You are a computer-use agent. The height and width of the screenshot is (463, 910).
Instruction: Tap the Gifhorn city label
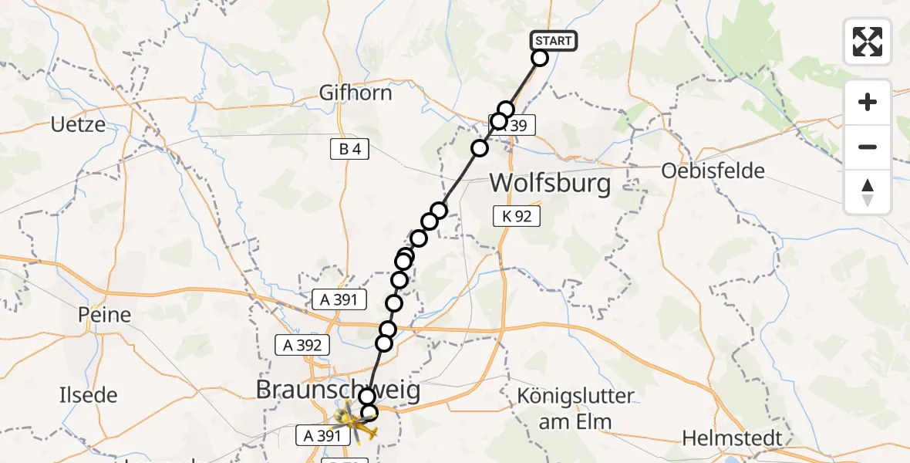(356, 93)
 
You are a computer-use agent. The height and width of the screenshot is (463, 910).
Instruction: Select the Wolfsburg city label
(550, 184)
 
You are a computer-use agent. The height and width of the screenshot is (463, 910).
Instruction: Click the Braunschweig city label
(339, 390)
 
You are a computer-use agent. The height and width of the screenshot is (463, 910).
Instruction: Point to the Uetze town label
(78, 123)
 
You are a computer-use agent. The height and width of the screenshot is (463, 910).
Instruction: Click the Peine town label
(104, 315)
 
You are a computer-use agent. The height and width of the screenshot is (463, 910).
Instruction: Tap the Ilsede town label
(89, 395)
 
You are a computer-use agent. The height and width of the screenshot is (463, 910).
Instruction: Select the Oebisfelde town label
(713, 171)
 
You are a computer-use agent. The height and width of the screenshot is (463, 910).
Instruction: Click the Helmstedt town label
(732, 438)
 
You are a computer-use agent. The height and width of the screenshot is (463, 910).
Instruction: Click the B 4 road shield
(349, 150)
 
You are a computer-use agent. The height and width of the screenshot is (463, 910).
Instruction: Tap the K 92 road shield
(517, 216)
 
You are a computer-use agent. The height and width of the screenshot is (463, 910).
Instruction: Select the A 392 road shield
(303, 345)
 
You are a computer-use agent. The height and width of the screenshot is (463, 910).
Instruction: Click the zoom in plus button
(868, 102)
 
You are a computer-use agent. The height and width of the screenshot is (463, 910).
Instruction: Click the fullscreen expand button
(868, 42)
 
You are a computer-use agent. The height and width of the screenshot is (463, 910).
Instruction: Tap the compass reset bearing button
(868, 192)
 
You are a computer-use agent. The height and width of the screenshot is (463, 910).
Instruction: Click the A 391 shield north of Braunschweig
(339, 299)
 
